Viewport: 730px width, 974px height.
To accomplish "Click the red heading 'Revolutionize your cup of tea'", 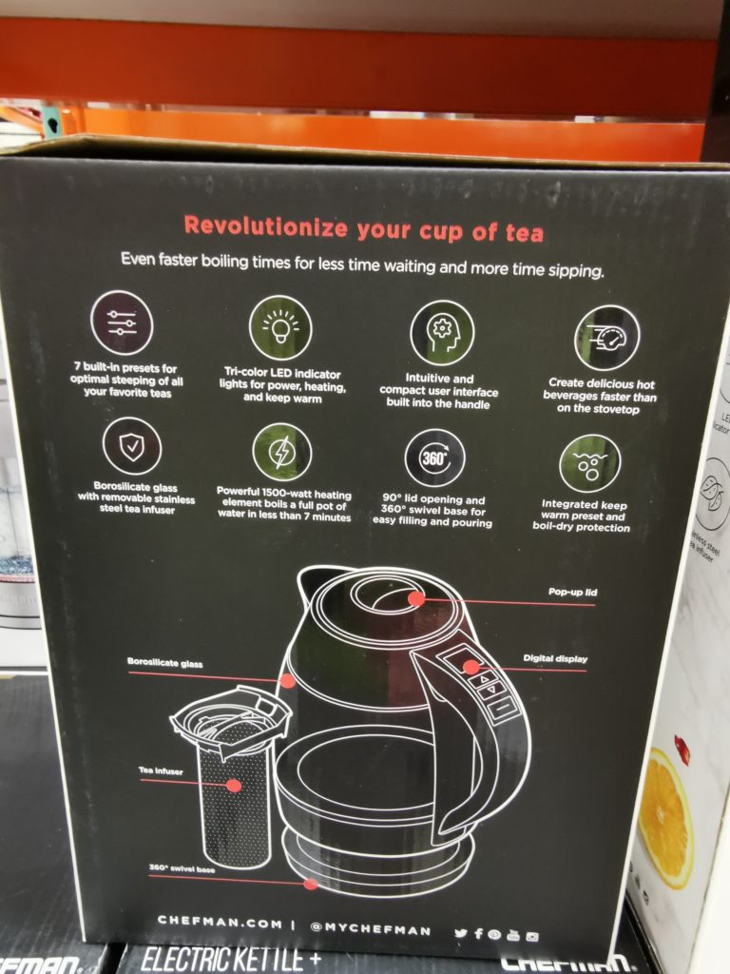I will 363,227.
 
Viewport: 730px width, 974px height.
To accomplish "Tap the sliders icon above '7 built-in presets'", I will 122,322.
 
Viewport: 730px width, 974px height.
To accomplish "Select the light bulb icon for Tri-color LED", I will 280,327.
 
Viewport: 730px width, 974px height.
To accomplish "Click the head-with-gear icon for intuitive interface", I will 442,333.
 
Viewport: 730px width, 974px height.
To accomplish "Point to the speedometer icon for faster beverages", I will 606,338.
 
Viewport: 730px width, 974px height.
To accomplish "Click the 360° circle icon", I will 434,458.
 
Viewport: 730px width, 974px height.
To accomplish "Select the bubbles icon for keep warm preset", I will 589,463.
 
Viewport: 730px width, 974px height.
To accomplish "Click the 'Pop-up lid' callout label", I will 572,592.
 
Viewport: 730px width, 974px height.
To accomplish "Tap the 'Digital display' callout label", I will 555,658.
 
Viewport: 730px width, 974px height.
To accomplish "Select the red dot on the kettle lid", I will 415,598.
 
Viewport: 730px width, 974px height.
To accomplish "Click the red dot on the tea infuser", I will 233,786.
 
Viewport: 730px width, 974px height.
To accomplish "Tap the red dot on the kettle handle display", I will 471,667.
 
